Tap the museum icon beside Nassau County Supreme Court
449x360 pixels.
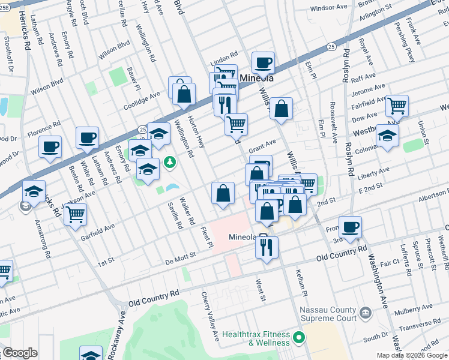(x=364, y=313)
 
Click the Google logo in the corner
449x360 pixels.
(x=19, y=352)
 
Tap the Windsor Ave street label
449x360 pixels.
(x=330, y=8)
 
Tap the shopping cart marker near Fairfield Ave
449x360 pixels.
(x=397, y=106)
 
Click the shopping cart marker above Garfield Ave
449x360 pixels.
(x=75, y=214)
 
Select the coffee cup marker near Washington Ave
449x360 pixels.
(x=350, y=227)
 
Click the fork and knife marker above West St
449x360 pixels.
(x=267, y=247)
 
